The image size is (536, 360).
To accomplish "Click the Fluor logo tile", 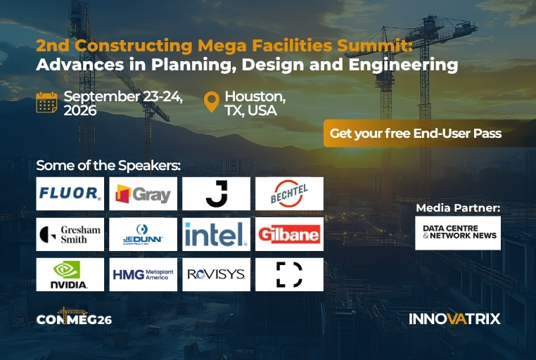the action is coord(70,193).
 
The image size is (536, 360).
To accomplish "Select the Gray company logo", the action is coord(143,193).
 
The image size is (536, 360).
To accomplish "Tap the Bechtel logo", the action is coord(289,193).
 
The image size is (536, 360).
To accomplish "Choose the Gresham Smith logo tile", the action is coord(70,234).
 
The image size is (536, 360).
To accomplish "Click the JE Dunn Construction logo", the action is coord(143,234).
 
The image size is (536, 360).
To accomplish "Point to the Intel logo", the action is coord(216,234).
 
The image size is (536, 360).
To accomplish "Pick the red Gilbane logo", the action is coord(289,234).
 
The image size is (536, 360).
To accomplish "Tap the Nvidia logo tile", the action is coord(70,275).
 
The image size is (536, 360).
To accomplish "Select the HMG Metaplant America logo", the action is coord(143,275).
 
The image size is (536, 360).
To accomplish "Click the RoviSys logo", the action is coord(216,275).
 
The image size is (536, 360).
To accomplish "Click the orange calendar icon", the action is coord(47,102).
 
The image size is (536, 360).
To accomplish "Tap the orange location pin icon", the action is coord(212,102).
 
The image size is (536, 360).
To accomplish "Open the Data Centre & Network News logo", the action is coord(458,233).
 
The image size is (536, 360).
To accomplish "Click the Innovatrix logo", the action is coord(454,319).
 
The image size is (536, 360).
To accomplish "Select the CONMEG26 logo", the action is coord(74,316).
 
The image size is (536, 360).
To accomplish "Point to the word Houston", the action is coord(255,96).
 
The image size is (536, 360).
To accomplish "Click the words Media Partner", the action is coord(458,207).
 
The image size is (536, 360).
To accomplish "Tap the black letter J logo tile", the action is coord(216,193).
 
